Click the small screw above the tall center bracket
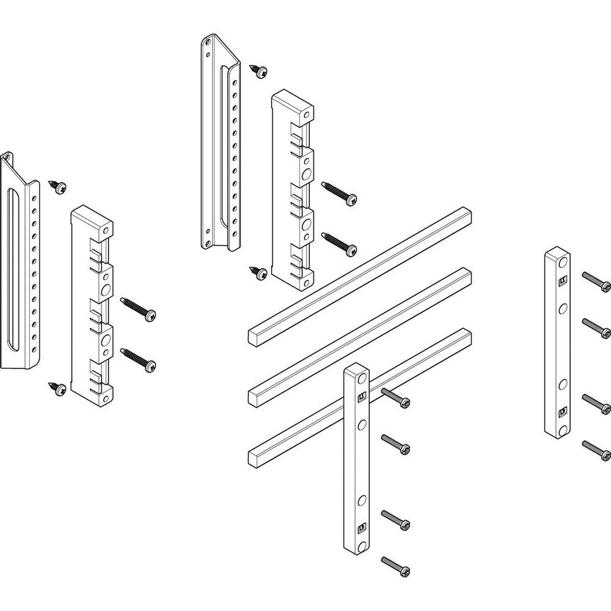[258, 71]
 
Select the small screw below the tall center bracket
[258, 273]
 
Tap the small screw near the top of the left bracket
[59, 187]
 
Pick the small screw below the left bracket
[57, 389]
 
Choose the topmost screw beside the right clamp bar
[596, 282]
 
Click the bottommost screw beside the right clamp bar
[596, 449]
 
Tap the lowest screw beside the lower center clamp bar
[395, 566]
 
